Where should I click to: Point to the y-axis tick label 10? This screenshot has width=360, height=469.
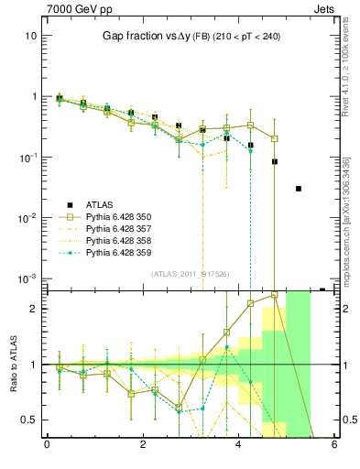click(30, 36)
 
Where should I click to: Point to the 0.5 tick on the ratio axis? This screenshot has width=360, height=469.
click(28, 420)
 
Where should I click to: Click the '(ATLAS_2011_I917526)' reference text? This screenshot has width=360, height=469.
click(190, 273)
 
